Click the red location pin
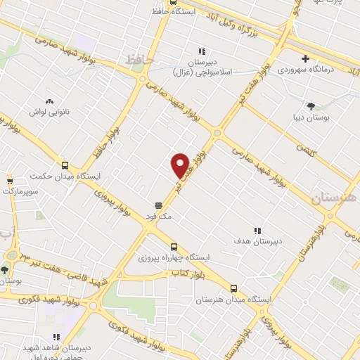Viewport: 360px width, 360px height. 181,165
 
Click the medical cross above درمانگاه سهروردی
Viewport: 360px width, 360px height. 305,58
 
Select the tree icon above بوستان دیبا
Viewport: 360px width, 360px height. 310,105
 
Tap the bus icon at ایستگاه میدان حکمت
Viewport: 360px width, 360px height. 65,163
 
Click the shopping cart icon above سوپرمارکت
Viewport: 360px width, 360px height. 10,180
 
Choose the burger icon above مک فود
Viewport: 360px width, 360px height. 160,205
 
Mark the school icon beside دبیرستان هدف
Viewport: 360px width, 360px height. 257,230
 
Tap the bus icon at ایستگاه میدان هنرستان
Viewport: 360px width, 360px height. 233,288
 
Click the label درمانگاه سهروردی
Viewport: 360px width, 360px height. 304,70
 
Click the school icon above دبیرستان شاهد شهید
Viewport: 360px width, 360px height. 56,337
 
